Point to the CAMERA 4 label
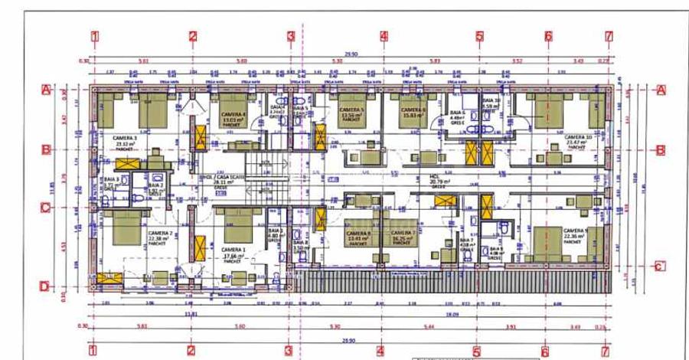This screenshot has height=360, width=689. coord(233,114)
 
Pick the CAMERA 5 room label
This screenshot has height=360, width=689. coord(351,111)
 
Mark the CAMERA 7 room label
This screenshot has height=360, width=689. coord(403,233)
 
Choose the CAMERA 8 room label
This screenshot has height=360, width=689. coord(358,233)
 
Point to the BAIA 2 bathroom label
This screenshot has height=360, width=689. coord(155,186)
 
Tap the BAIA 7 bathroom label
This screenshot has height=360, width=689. coord(467,240)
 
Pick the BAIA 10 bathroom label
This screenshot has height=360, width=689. coord(491,100)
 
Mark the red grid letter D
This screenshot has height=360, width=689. coord(45,287)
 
